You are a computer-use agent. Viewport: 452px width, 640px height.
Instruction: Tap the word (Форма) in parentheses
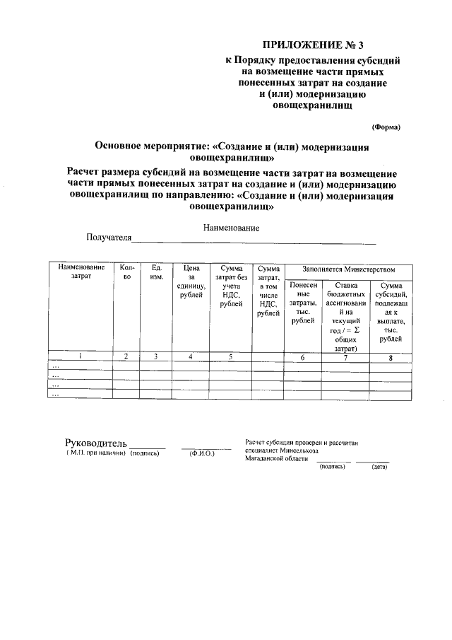click(386, 127)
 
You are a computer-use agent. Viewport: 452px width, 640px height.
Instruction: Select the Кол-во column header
click(127, 272)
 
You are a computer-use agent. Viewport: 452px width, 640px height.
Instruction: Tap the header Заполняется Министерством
click(348, 269)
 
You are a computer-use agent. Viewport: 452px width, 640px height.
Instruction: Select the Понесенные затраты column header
click(303, 303)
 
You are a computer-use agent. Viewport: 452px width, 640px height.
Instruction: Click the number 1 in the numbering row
click(81, 357)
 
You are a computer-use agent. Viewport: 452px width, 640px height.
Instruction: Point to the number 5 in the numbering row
click(230, 357)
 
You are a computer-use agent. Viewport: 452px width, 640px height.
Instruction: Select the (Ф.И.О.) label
click(202, 453)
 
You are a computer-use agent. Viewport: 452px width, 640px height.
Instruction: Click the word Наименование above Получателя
click(231, 228)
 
